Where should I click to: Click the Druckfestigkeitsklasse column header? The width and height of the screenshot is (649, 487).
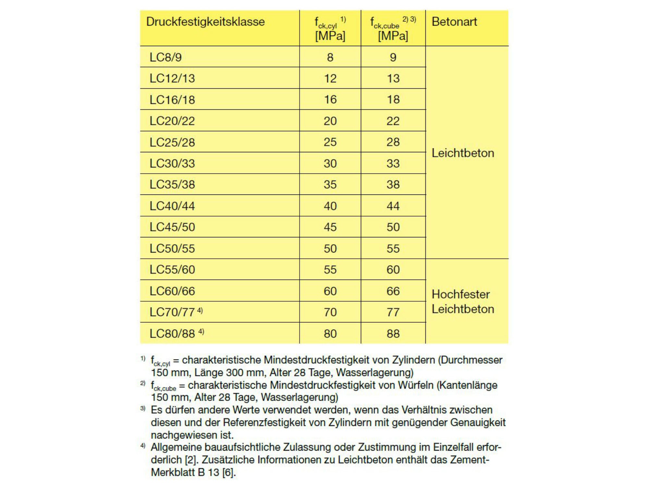[205, 22]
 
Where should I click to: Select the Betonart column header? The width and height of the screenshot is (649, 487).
[454, 22]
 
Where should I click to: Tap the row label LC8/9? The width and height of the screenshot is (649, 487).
[165, 57]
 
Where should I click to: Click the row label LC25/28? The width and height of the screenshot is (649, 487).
[172, 142]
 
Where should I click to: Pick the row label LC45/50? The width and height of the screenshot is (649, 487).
[172, 227]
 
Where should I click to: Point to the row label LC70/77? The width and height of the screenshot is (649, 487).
[172, 312]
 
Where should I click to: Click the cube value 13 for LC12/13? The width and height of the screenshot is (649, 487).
[393, 78]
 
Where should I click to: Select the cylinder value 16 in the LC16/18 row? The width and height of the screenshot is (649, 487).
[330, 99]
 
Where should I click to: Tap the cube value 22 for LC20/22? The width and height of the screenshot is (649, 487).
[393, 121]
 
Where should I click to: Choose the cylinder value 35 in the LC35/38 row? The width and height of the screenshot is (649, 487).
[330, 184]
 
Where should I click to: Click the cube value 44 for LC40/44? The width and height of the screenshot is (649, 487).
[393, 206]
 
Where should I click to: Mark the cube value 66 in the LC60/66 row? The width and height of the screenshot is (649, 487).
[393, 291]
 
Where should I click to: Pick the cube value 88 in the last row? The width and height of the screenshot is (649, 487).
[393, 333]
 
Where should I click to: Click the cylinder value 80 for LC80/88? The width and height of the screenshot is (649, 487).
[330, 333]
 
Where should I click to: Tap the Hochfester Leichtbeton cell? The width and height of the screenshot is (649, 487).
[462, 302]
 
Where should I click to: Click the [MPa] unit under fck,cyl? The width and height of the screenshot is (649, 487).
[330, 36]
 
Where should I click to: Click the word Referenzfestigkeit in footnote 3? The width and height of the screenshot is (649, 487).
[274, 422]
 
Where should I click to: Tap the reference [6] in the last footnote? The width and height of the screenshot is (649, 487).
[228, 472]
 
